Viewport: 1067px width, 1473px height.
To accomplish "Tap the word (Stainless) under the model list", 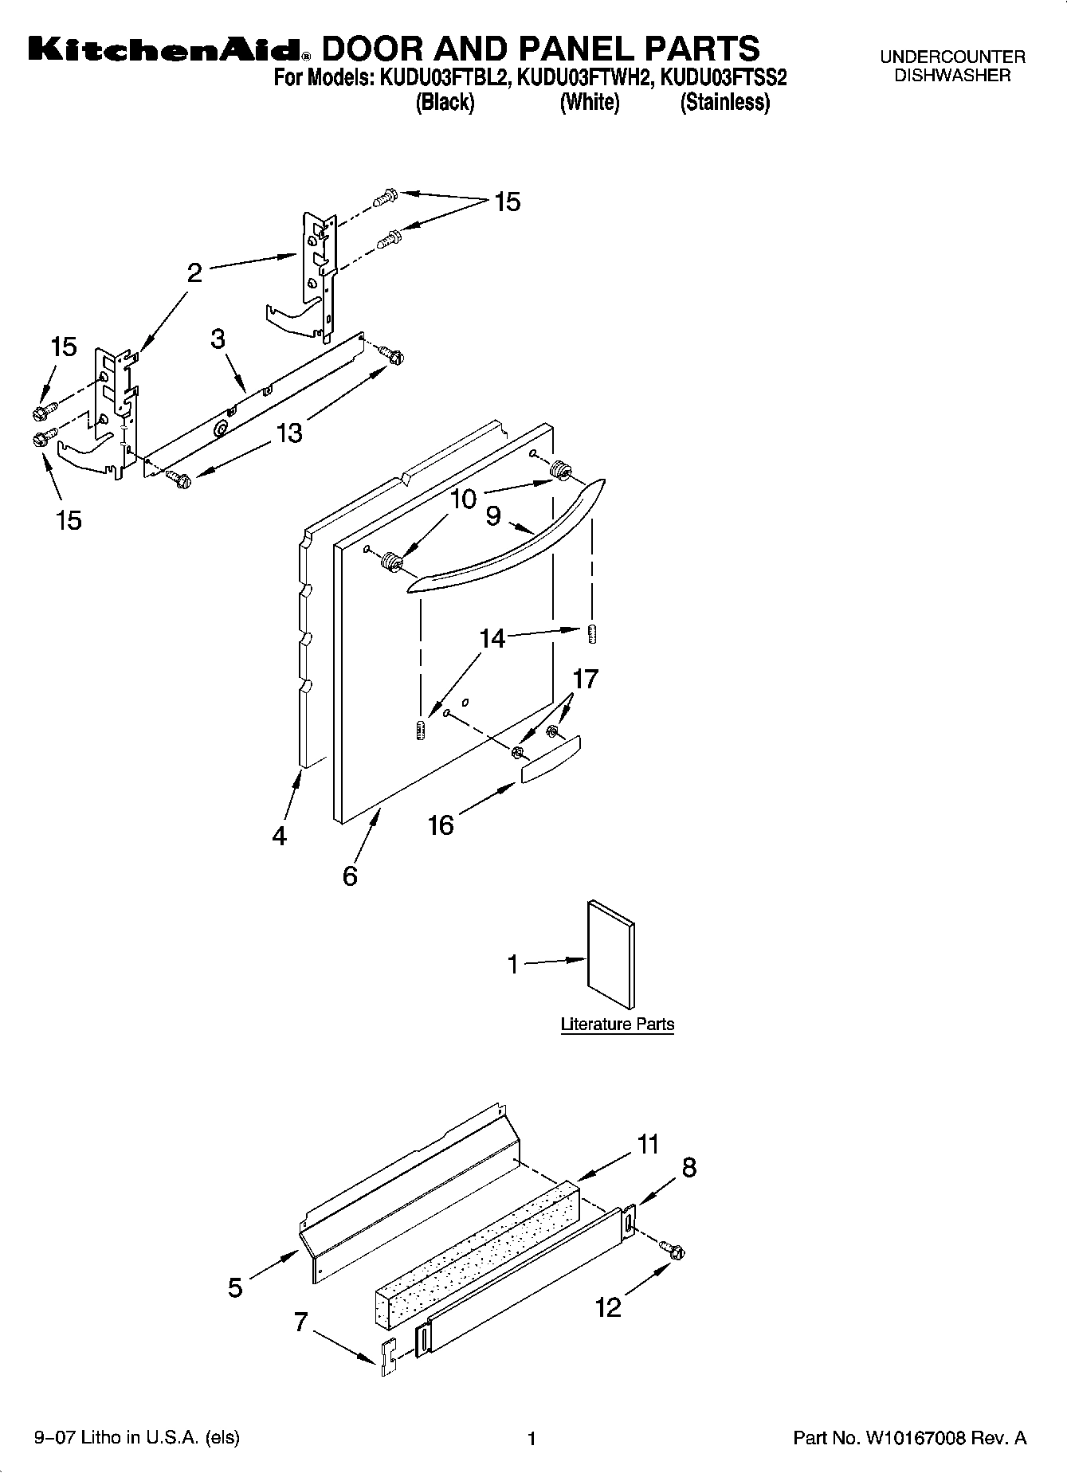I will pyautogui.click(x=724, y=103).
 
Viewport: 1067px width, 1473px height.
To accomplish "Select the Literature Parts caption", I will pyautogui.click(x=617, y=1024).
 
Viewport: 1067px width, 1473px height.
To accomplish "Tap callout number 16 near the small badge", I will pyautogui.click(x=440, y=825).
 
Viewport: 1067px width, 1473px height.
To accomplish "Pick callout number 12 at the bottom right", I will pyautogui.click(x=608, y=1307).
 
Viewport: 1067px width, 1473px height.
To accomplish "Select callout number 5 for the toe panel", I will pyautogui.click(x=235, y=1287).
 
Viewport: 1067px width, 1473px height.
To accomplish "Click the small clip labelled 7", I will pyautogui.click(x=387, y=1357).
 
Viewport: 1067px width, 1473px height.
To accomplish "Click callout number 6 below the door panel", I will pyautogui.click(x=350, y=876).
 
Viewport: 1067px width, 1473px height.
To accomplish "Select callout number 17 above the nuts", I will pyautogui.click(x=585, y=679).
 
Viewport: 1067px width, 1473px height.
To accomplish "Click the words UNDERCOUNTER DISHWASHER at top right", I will pyautogui.click(x=951, y=66).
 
